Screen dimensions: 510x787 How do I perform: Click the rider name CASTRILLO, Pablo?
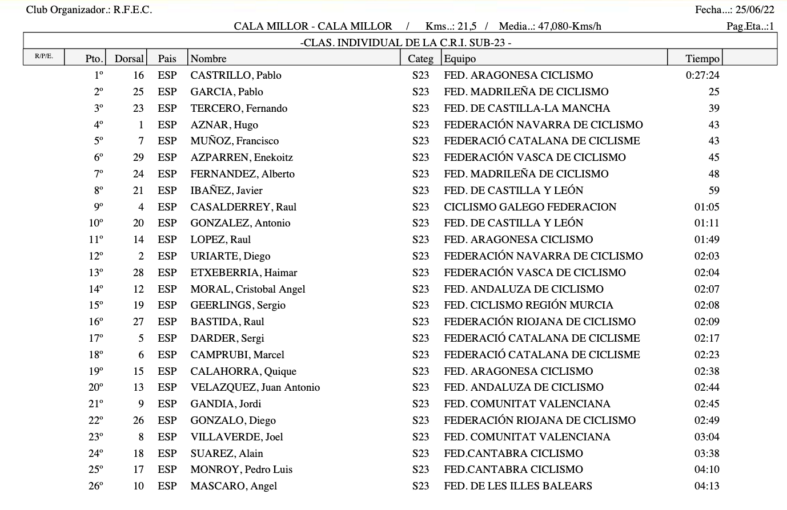pyautogui.click(x=236, y=75)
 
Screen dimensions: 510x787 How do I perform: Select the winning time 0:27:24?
pyautogui.click(x=702, y=75)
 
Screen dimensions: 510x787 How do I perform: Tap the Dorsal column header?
pyautogui.click(x=129, y=58)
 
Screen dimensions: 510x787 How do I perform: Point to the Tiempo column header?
pyautogui.click(x=702, y=58)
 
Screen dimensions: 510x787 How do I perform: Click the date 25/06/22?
pyautogui.click(x=754, y=10)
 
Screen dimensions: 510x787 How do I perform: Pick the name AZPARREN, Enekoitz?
pyautogui.click(x=242, y=157)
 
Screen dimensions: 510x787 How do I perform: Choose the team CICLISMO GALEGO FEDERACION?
pyautogui.click(x=530, y=207)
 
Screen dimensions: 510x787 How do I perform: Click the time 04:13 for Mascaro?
pyautogui.click(x=706, y=486)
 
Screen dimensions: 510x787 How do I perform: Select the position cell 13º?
pyautogui.click(x=96, y=273)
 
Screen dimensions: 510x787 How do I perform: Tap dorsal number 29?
pyautogui.click(x=138, y=157)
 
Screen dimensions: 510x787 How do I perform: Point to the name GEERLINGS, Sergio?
pyautogui.click(x=238, y=305)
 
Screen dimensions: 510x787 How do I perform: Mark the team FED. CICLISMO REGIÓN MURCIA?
pyautogui.click(x=528, y=305)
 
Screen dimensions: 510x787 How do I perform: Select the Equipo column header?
pyautogui.click(x=460, y=58)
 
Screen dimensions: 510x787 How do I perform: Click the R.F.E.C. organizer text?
pyautogui.click(x=132, y=10)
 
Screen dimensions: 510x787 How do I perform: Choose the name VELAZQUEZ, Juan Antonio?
pyautogui.click(x=255, y=387)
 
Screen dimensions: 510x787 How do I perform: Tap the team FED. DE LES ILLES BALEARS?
pyautogui.click(x=517, y=486)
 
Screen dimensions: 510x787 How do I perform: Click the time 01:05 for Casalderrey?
pyautogui.click(x=706, y=207)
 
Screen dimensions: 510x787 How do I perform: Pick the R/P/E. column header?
pyautogui.click(x=44, y=56)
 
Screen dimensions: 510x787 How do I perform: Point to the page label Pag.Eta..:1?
pyautogui.click(x=750, y=26)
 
